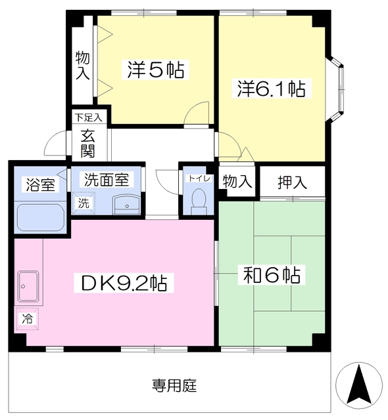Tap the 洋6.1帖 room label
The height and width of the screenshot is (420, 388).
[x=272, y=89]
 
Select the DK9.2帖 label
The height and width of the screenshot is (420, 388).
[x=123, y=283]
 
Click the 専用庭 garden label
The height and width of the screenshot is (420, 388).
[x=174, y=385]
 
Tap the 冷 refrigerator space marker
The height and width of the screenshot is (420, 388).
[x=28, y=320]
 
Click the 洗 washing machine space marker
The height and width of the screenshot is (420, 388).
[x=83, y=203]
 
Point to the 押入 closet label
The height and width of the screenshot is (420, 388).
[x=293, y=182]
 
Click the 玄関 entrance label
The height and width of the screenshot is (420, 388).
[x=87, y=144]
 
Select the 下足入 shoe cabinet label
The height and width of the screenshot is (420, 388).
[x=88, y=118]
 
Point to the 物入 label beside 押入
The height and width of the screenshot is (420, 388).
[x=237, y=182]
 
